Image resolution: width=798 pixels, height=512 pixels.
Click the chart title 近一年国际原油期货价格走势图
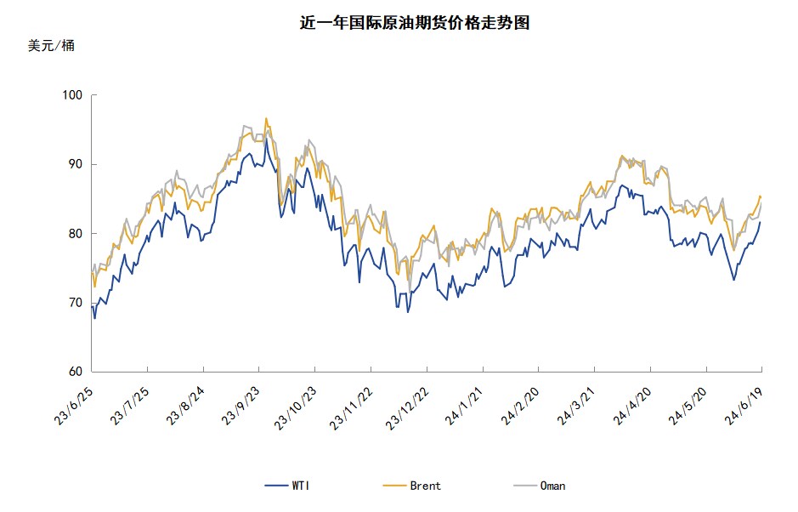pos(415,23)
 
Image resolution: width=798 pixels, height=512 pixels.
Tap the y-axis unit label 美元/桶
pos(51,46)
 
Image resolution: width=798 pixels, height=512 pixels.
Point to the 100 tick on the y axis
pos(74,95)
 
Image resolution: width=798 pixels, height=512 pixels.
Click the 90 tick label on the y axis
pos(76,164)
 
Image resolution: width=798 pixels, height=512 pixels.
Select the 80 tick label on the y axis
pos(76,233)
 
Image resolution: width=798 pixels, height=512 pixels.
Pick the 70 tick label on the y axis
pos(76,303)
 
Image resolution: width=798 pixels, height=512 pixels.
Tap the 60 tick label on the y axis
pos(76,372)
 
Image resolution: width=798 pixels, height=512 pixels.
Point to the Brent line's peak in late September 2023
pos(266,118)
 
